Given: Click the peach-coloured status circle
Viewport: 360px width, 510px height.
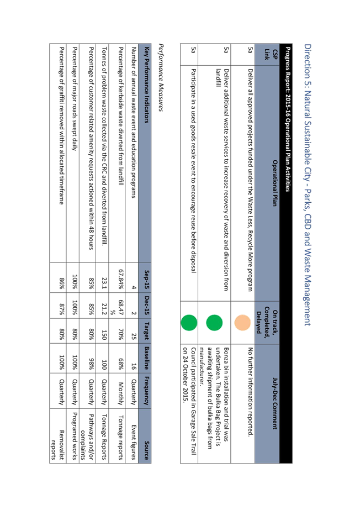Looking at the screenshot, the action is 242,323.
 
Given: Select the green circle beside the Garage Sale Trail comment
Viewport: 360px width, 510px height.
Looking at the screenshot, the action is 189,323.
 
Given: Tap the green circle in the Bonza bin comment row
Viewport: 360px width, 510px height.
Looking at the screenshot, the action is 214,323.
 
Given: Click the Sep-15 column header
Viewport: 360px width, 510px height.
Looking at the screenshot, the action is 147,278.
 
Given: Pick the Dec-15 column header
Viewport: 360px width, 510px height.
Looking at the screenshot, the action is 147,306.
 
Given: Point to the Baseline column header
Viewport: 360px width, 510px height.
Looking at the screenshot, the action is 147,358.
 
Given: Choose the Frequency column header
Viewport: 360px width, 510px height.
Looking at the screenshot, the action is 147,390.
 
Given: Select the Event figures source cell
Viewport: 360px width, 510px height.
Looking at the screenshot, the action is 133,441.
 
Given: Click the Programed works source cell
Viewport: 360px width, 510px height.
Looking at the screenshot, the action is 75,436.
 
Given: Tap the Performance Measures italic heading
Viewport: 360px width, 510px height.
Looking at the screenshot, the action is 161,78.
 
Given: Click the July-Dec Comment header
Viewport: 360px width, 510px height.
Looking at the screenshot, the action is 275,403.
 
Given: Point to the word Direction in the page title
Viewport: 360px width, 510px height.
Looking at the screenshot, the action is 308,61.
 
